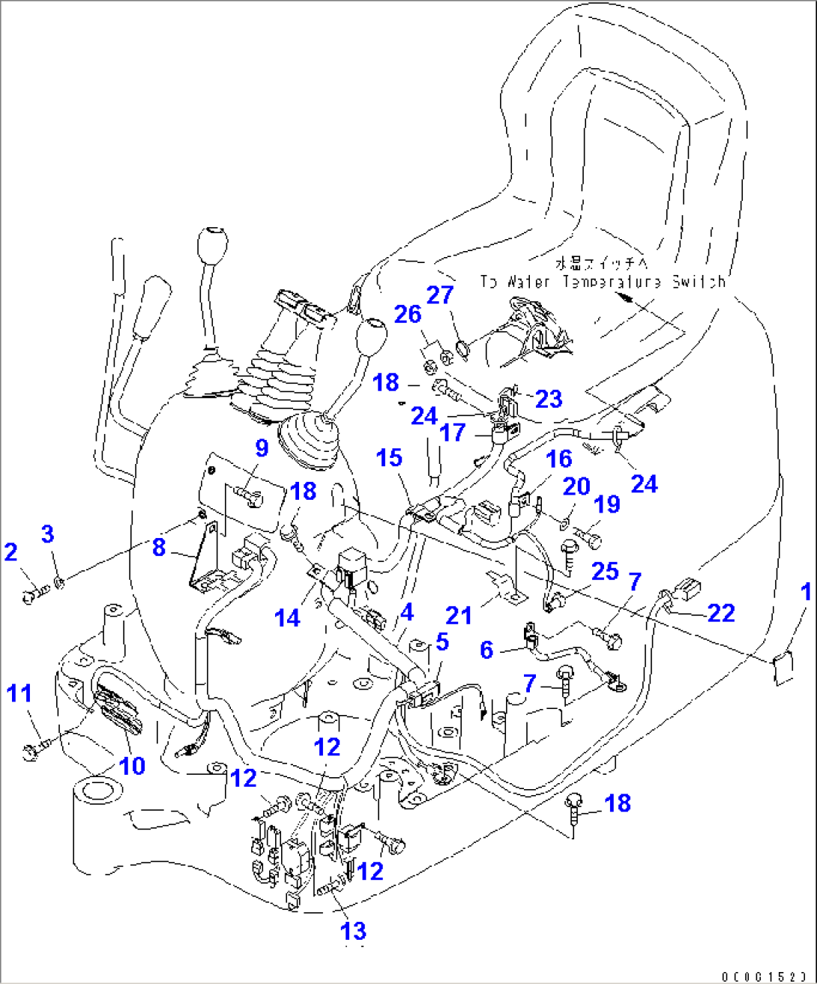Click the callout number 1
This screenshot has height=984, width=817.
(806, 593)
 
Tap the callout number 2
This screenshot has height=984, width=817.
(10, 552)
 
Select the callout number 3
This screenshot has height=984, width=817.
(47, 534)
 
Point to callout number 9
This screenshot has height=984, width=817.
(261, 448)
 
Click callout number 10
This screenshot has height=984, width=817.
(133, 765)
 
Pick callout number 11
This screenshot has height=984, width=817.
(19, 693)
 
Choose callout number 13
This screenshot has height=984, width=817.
(354, 931)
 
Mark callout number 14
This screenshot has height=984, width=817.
(288, 618)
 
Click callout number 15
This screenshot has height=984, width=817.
(390, 458)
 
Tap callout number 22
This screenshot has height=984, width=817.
(721, 613)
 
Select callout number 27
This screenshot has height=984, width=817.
(441, 295)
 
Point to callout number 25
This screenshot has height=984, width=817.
(605, 571)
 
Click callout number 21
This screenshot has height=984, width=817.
(459, 616)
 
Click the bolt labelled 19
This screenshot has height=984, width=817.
(591, 537)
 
